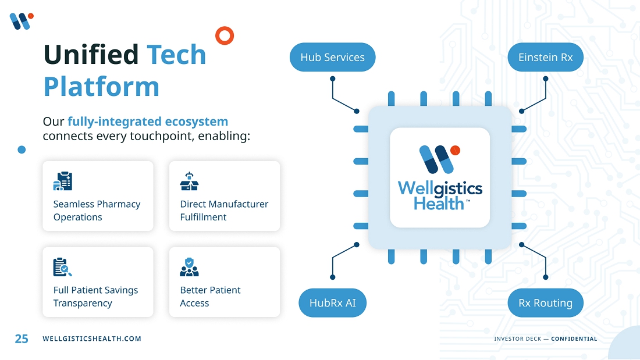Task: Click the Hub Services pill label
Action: [x=332, y=58]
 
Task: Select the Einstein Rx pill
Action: [x=545, y=58]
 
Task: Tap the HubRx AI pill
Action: [x=332, y=303]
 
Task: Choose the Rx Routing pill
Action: [x=545, y=303]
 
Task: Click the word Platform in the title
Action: [x=101, y=87]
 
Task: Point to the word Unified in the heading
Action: [x=91, y=55]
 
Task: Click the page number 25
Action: [x=22, y=338]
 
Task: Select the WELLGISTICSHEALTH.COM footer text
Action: [x=92, y=338]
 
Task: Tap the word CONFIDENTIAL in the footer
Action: [x=574, y=338]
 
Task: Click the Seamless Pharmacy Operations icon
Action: [x=62, y=181]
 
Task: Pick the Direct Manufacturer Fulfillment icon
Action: [x=189, y=181]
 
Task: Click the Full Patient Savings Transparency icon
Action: [x=62, y=267]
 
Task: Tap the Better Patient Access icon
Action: [x=189, y=267]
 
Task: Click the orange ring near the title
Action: [x=225, y=35]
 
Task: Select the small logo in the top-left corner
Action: [x=21, y=21]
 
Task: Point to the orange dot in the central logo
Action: [x=455, y=150]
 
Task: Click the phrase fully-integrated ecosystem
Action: [x=148, y=122]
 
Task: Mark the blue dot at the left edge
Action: [x=22, y=149]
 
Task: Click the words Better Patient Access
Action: [x=210, y=297]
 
